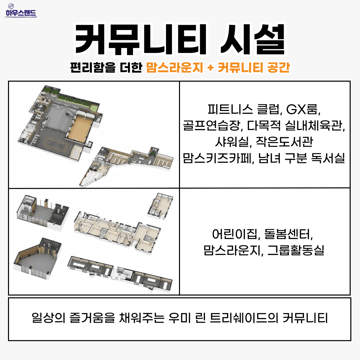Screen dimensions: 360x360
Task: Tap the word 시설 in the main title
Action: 253,39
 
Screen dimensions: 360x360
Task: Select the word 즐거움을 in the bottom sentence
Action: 88,318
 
